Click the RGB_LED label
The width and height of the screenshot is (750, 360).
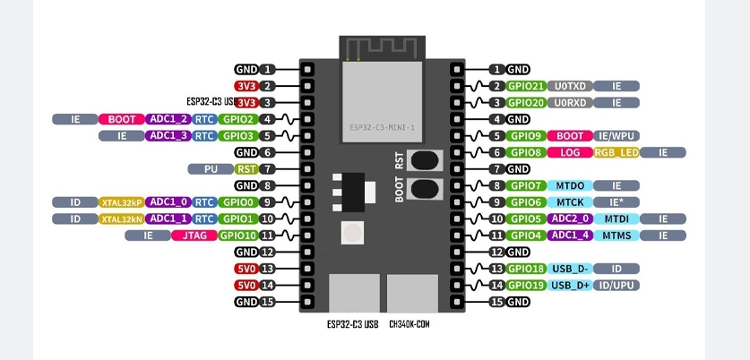616,153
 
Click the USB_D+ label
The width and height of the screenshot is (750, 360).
570,286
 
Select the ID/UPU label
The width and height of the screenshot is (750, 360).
616,286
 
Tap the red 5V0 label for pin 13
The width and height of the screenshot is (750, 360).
246,269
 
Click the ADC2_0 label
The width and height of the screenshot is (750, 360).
570,219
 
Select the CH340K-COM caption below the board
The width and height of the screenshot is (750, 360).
410,324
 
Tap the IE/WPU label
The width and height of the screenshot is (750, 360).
616,136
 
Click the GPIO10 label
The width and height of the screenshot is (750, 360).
238,236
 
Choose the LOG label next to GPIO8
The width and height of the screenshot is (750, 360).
570,153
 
